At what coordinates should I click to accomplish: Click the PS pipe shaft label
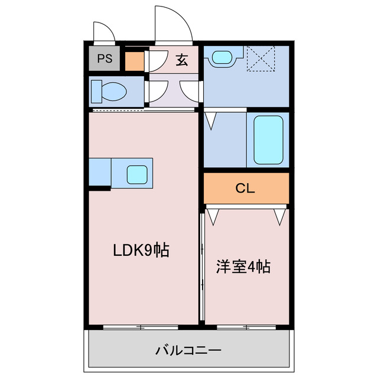pos(105,58)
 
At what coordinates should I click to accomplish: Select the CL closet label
pos(245,188)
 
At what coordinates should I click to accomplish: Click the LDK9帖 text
pos(141,250)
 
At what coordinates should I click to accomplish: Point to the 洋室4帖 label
pos(242,267)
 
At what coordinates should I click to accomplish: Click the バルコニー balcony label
pos(188,351)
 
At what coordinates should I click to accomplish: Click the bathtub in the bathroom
pos(269,140)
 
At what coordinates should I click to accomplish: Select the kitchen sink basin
pos(137,174)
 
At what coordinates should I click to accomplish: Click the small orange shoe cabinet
pos(134,61)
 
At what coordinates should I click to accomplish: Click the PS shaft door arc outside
pos(105,32)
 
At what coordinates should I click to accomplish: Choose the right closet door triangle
pos(280,216)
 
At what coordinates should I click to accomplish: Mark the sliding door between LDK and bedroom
pos(202,266)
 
